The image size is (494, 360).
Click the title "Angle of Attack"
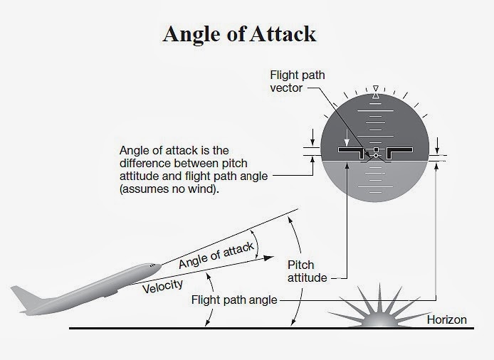(x=239, y=34)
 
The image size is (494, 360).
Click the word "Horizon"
(x=446, y=319)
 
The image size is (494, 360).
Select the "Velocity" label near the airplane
(x=163, y=286)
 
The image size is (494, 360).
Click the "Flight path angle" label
(x=234, y=300)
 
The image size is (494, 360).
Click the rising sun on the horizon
(x=381, y=313)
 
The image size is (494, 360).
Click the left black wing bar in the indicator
(x=352, y=152)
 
